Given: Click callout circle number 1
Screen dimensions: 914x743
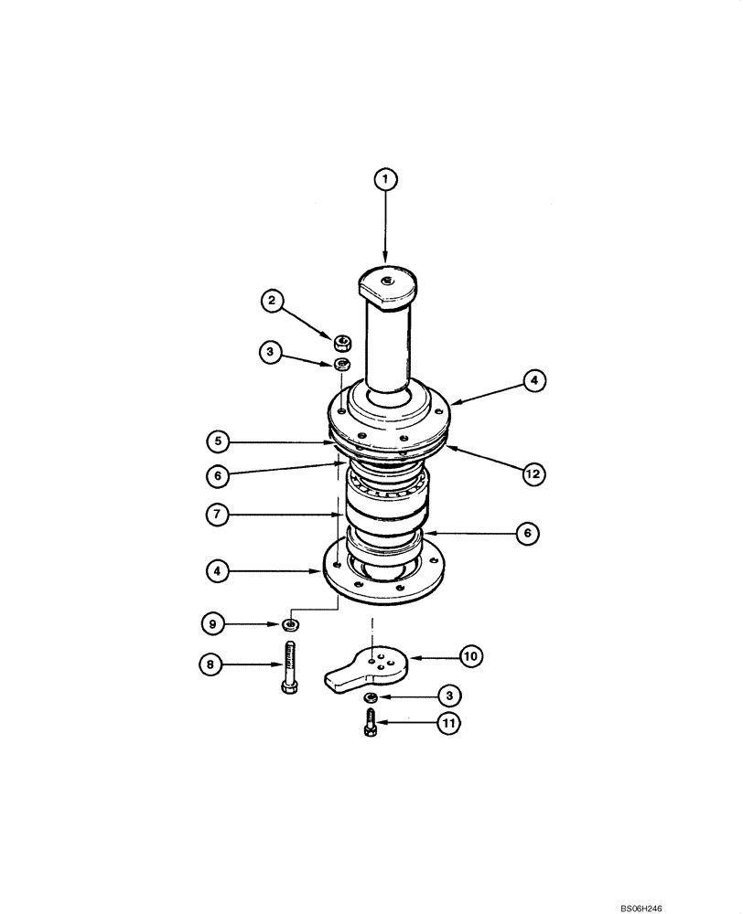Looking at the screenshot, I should (x=385, y=180).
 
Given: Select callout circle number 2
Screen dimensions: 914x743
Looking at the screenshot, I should (x=270, y=299).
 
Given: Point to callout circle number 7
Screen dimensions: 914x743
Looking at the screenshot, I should (x=219, y=515).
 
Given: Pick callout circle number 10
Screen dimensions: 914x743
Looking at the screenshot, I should (x=470, y=655).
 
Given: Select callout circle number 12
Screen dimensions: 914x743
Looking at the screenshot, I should (x=533, y=473).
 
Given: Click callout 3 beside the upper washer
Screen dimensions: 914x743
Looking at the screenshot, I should (x=270, y=350).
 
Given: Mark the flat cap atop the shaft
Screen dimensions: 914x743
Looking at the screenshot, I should (x=386, y=282).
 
